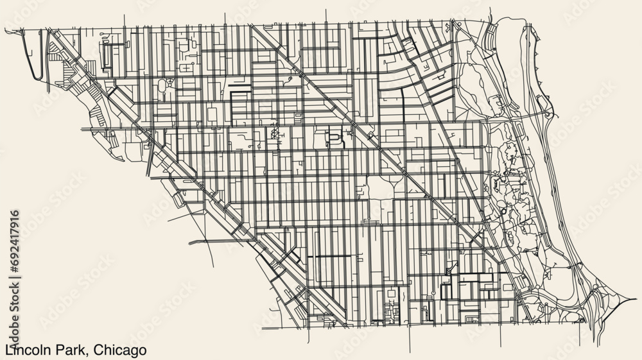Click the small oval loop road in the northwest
point(160,84)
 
